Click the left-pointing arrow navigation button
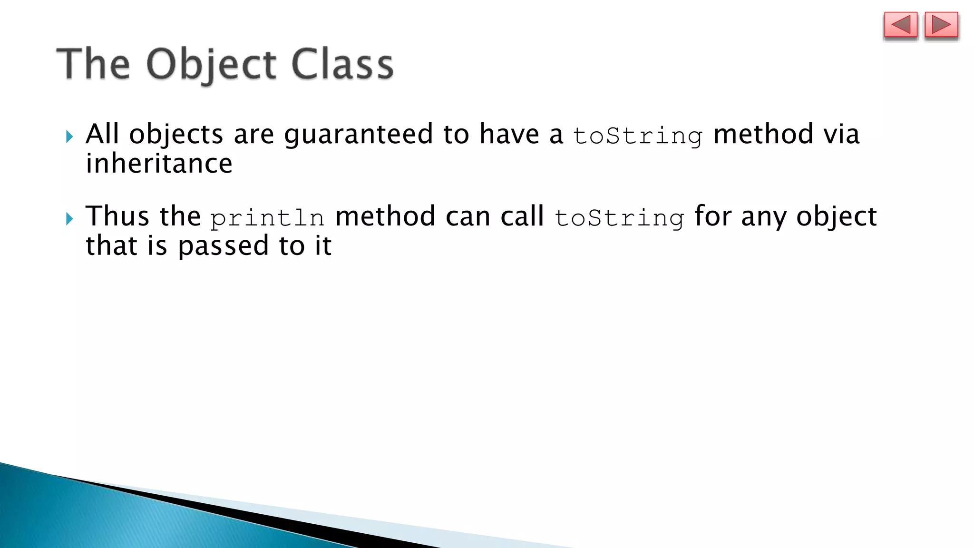click(x=900, y=25)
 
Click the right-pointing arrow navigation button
click(x=941, y=25)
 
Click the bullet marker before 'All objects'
click(x=69, y=137)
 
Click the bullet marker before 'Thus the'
click(x=69, y=219)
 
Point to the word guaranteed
click(x=358, y=135)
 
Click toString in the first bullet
click(x=637, y=136)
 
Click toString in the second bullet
click(x=619, y=218)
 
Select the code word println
click(x=267, y=218)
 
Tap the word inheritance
click(x=159, y=164)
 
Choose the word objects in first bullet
click(x=176, y=135)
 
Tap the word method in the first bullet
click(x=763, y=134)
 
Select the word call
click(x=522, y=216)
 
